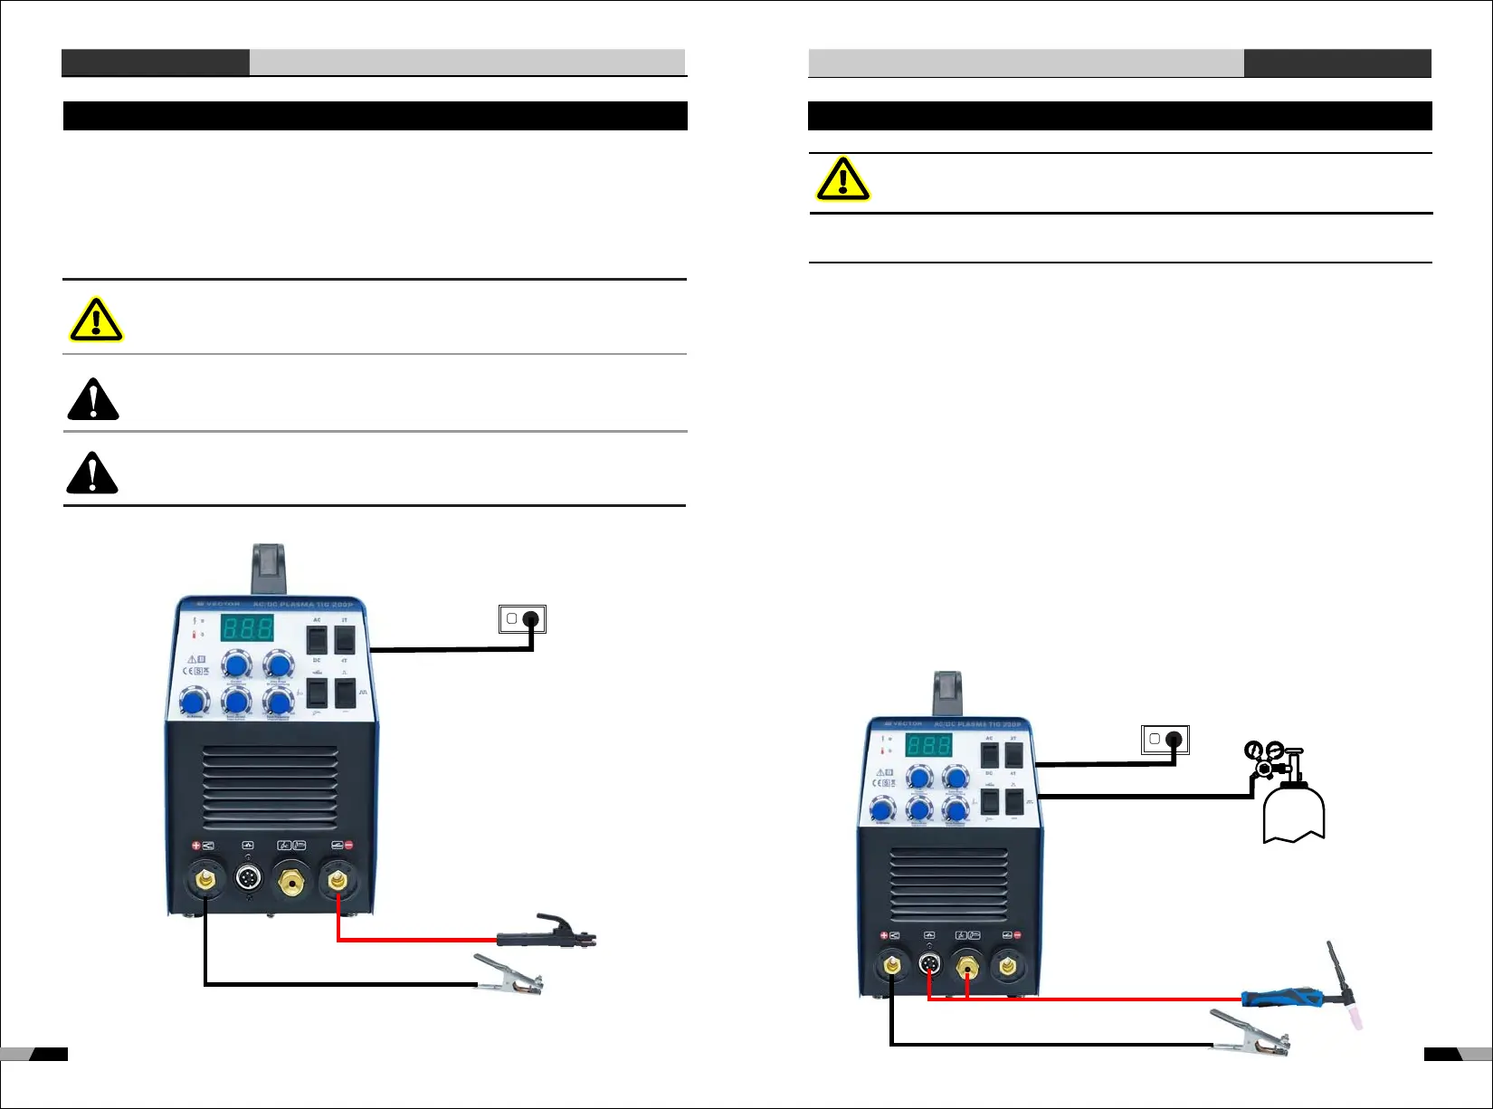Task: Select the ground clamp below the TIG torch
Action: [x=1252, y=1034]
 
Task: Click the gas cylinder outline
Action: [x=1294, y=814]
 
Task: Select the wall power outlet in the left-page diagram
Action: [x=522, y=619]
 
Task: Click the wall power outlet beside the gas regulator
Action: [x=1165, y=740]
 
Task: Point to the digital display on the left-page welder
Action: [x=247, y=627]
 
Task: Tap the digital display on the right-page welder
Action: [x=929, y=745]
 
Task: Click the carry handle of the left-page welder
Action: [x=269, y=569]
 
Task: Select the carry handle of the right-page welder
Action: [x=947, y=694]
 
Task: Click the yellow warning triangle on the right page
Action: [x=842, y=179]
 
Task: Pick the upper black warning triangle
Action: [x=93, y=399]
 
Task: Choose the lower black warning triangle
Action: [x=92, y=473]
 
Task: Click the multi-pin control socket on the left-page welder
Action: [x=248, y=877]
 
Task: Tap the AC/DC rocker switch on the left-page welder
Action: [x=317, y=639]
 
